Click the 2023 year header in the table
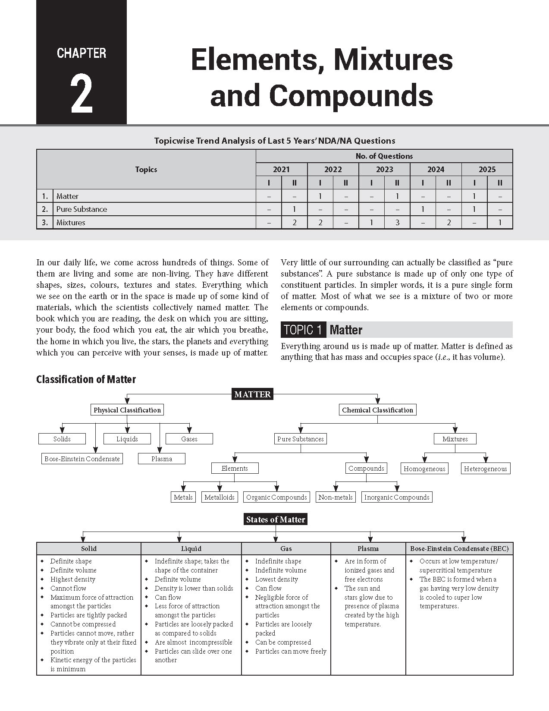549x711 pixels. point(384,170)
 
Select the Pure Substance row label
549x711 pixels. point(82,209)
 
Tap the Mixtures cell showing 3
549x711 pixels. point(397,223)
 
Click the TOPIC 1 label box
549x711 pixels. point(303,330)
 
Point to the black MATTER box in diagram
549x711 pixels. point(252,394)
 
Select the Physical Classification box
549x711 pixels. point(127,410)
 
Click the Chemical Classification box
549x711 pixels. point(377,410)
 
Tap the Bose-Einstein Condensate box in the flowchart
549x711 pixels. point(82,459)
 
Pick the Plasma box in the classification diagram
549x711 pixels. point(162,459)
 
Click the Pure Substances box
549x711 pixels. point(300,439)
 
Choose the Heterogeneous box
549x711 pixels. point(485,469)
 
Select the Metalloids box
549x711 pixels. point(220,497)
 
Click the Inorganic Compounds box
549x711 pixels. point(397,497)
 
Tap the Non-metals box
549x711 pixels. point(336,497)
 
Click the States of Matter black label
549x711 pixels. point(276,520)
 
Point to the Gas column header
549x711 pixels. point(286,549)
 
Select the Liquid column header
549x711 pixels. point(191,549)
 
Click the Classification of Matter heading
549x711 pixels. point(86,380)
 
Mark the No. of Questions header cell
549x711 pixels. point(384,156)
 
